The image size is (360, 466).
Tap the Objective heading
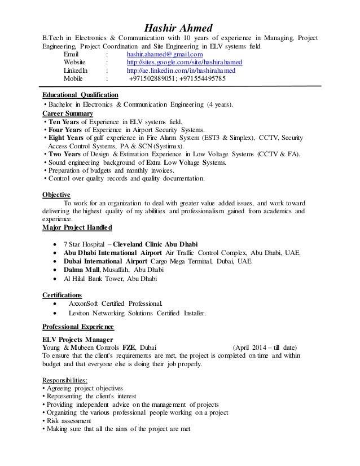56,195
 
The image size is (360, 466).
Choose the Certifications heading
62,294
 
